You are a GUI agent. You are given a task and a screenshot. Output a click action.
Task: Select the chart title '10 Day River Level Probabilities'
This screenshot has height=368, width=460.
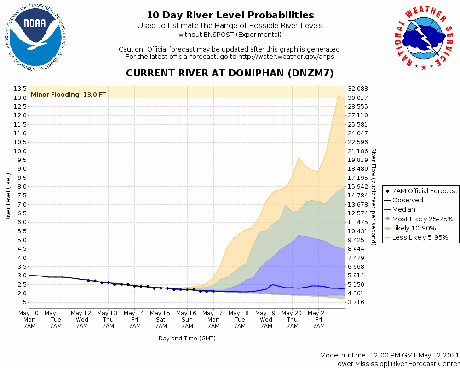click(x=230, y=15)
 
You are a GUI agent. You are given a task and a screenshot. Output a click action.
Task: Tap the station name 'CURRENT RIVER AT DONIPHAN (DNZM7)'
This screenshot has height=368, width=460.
click(x=230, y=74)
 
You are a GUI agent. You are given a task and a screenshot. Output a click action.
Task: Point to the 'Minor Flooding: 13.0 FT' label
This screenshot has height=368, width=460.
click(x=68, y=95)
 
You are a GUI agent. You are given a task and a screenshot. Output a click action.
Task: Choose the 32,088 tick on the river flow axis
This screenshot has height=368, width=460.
click(x=358, y=89)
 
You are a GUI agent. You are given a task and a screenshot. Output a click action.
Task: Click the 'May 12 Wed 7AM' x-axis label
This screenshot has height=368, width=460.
click(x=82, y=319)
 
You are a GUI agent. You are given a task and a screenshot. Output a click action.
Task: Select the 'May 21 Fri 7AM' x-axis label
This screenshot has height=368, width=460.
click(x=319, y=319)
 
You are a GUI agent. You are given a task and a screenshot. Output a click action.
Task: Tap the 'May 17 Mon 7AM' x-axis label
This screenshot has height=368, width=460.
click(x=213, y=319)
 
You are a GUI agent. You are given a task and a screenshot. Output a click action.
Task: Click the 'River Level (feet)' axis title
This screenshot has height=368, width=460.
click(x=8, y=196)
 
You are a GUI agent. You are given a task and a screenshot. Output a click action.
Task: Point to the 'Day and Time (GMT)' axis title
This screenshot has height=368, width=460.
click(x=187, y=338)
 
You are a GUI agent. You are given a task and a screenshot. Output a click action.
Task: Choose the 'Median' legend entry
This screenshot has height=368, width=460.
click(x=403, y=209)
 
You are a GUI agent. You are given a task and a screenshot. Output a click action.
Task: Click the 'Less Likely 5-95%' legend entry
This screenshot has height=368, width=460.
click(x=420, y=237)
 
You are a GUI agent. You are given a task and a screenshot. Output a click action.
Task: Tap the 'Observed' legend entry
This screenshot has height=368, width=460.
click(x=408, y=200)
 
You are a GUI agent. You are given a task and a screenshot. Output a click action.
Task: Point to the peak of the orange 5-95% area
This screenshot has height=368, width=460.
click(x=339, y=96)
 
